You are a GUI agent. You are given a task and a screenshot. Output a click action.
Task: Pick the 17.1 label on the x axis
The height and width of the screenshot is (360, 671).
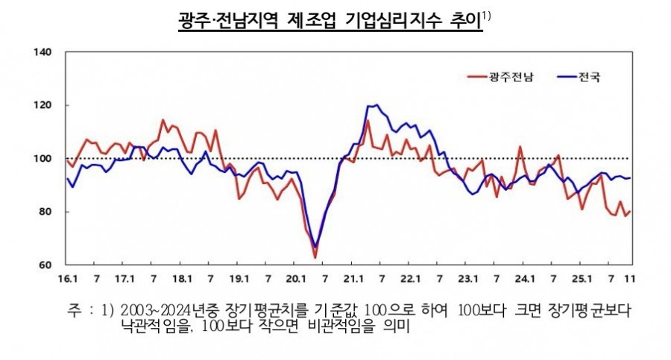124,280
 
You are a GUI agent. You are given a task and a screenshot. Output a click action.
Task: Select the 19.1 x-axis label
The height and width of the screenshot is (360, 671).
238,280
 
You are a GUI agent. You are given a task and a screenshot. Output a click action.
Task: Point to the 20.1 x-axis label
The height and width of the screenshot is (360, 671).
295,280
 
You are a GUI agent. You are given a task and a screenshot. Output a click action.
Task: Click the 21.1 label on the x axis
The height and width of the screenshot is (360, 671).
353,280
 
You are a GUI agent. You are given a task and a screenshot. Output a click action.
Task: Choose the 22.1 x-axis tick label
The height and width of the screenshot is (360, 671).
410,280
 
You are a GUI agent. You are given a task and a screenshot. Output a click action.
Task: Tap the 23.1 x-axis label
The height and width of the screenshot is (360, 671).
467,280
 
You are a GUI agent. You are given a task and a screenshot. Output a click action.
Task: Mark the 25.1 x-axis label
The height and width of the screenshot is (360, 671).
582,280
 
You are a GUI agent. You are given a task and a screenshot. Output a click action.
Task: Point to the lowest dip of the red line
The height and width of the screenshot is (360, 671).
315,257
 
